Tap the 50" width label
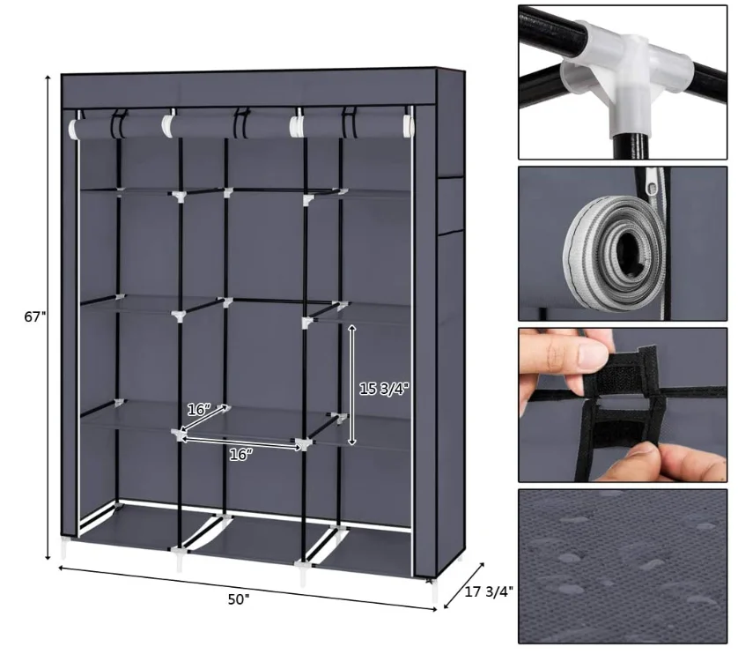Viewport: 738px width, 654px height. (239, 599)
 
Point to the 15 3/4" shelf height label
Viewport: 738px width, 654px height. (385, 387)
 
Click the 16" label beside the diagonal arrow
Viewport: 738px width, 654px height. (199, 409)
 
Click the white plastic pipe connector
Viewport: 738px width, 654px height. (626, 75)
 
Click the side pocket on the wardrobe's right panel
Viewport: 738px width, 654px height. (450, 204)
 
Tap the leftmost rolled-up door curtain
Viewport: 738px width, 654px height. (116, 129)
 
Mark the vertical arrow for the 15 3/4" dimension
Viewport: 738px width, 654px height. (352, 384)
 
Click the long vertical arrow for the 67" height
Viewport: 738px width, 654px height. (48, 317)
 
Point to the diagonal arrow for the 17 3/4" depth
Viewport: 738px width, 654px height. (464, 584)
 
